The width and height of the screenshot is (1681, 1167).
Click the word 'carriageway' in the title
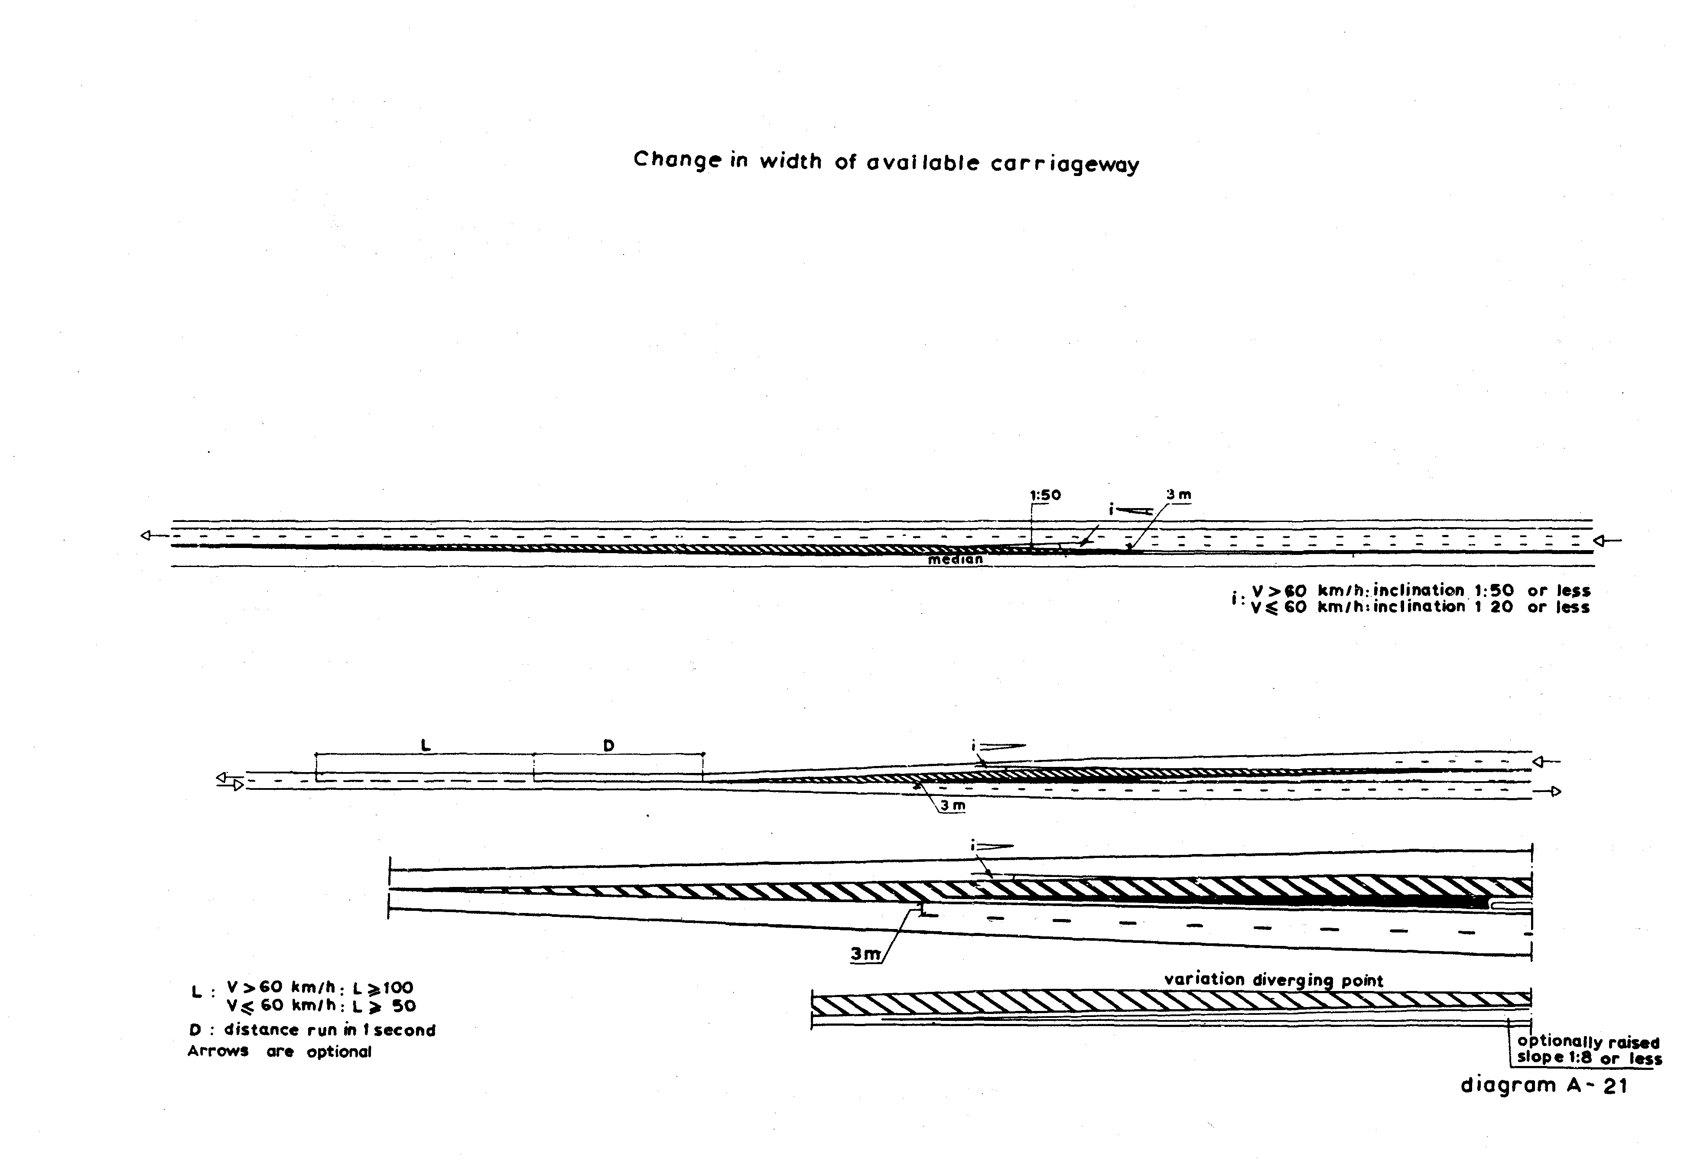tap(1064, 164)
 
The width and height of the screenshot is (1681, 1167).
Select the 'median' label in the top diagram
tap(955, 559)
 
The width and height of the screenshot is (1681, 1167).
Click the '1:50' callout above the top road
tap(1045, 495)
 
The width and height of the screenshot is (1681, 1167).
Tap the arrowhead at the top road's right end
tap(1600, 541)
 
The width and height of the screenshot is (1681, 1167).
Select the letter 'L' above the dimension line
tap(426, 745)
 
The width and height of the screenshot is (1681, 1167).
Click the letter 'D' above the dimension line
tap(608, 745)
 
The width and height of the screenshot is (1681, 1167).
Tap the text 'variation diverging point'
tap(1273, 980)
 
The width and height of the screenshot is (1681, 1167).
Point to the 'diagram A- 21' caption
tap(1544, 1086)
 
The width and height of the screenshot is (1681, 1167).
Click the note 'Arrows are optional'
tap(280, 1051)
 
